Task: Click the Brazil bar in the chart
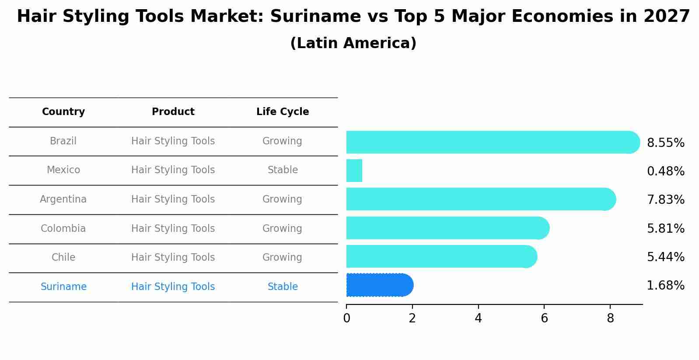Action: (490, 142)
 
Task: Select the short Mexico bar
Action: (354, 171)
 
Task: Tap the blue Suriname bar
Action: (378, 285)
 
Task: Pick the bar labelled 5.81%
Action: (446, 228)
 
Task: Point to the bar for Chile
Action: (440, 256)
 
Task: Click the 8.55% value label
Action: (665, 143)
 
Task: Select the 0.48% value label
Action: (665, 171)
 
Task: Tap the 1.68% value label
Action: (665, 286)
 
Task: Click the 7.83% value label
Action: (665, 200)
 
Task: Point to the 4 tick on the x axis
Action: (478, 318)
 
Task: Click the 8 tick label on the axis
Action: (610, 318)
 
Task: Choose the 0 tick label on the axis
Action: (346, 318)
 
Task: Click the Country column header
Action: (63, 112)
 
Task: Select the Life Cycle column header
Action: (283, 112)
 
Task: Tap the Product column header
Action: (173, 112)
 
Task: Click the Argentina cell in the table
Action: (63, 199)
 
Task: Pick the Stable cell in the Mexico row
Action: (283, 170)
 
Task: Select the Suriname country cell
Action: (63, 287)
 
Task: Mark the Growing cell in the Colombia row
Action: (282, 229)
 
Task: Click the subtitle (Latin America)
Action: (353, 43)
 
